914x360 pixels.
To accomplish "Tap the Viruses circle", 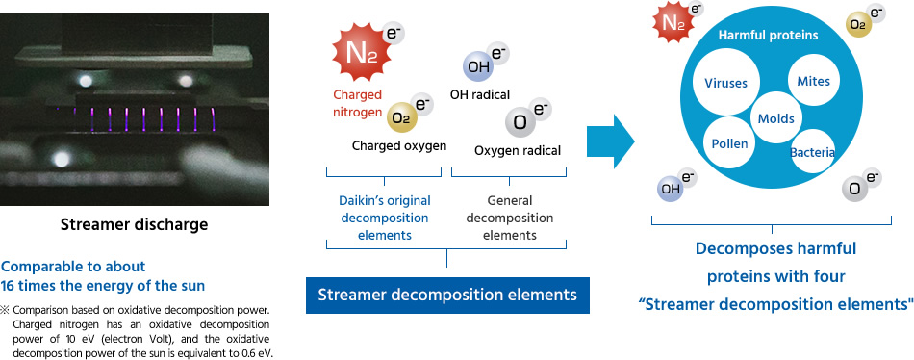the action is pos(725,83).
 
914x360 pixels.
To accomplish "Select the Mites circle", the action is pos(814,81).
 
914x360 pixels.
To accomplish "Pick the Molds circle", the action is pos(775,119).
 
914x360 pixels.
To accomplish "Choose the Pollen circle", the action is pos(729,143).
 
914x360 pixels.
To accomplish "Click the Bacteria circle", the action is pos(813,153).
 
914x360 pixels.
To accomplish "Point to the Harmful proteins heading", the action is pos(768,36).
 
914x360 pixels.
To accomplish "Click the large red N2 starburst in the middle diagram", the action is pos(362,53).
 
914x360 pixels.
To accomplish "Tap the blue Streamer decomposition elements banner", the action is pos(447,296).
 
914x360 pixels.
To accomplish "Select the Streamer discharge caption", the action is pos(134,224).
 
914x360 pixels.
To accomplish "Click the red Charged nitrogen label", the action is pos(357,103).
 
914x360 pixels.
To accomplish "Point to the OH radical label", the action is pos(480,94).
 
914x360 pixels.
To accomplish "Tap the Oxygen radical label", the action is pos(518,151).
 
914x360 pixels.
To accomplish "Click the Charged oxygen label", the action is pos(399,146).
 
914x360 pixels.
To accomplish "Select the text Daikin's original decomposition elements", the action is pos(385,218).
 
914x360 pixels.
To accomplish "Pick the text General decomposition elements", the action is pos(510,218).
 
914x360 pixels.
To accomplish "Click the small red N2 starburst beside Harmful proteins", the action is pos(671,23).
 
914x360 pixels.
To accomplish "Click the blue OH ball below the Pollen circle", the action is pos(671,189).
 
